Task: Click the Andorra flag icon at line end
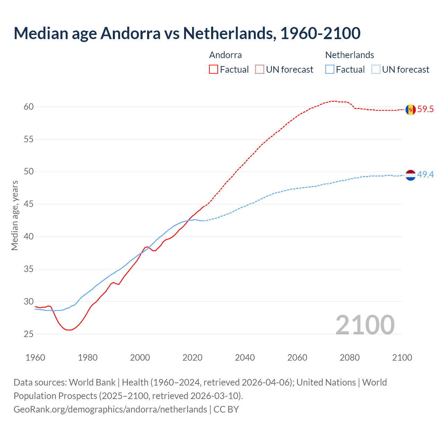(x=410, y=110)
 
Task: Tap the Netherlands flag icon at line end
(x=410, y=175)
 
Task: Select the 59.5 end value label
(x=425, y=109)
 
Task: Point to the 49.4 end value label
(x=425, y=175)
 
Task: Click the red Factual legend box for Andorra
(x=214, y=70)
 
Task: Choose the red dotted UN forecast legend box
(x=260, y=70)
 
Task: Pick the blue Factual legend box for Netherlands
(x=330, y=70)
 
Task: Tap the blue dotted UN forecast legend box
(x=376, y=70)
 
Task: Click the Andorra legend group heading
(x=225, y=55)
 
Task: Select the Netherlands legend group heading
(x=350, y=55)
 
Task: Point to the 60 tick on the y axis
(x=29, y=107)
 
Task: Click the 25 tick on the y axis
(x=29, y=334)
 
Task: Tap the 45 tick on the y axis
(x=29, y=204)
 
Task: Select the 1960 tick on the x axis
(x=35, y=358)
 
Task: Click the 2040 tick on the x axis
(x=245, y=358)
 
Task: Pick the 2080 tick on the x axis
(x=350, y=358)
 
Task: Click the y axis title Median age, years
(x=15, y=215)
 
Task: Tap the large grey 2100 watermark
(x=365, y=325)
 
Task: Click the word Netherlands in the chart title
(x=229, y=33)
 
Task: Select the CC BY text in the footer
(x=226, y=409)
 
